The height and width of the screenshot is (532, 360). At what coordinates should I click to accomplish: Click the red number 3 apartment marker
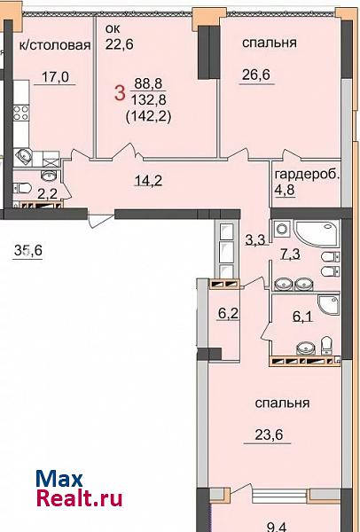(120, 93)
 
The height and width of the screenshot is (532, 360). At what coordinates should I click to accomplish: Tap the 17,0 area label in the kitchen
(55, 77)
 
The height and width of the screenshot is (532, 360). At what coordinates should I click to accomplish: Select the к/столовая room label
(55, 45)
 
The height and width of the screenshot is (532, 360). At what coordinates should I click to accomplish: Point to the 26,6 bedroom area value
(256, 75)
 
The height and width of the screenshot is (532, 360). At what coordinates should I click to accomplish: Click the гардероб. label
(308, 175)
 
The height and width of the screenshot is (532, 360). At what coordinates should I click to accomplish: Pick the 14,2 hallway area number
(148, 180)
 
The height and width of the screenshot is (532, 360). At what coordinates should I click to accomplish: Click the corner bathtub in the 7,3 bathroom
(317, 233)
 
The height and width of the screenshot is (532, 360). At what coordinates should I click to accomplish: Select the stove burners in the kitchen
(21, 113)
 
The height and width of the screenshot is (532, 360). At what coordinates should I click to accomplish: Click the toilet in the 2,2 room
(22, 188)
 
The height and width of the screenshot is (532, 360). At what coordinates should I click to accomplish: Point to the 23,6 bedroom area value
(269, 434)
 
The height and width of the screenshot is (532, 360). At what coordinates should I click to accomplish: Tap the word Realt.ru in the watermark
(79, 499)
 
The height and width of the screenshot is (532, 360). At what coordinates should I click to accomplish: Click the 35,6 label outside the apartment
(27, 251)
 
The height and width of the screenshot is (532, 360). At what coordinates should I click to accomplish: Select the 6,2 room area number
(228, 314)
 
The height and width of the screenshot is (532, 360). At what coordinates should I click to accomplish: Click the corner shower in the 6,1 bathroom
(328, 304)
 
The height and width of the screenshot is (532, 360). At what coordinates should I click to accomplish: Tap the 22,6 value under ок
(119, 44)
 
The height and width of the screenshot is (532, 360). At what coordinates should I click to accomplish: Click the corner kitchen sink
(23, 156)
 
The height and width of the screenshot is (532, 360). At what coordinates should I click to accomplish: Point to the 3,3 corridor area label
(254, 240)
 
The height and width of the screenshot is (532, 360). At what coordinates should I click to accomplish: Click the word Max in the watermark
(59, 479)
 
